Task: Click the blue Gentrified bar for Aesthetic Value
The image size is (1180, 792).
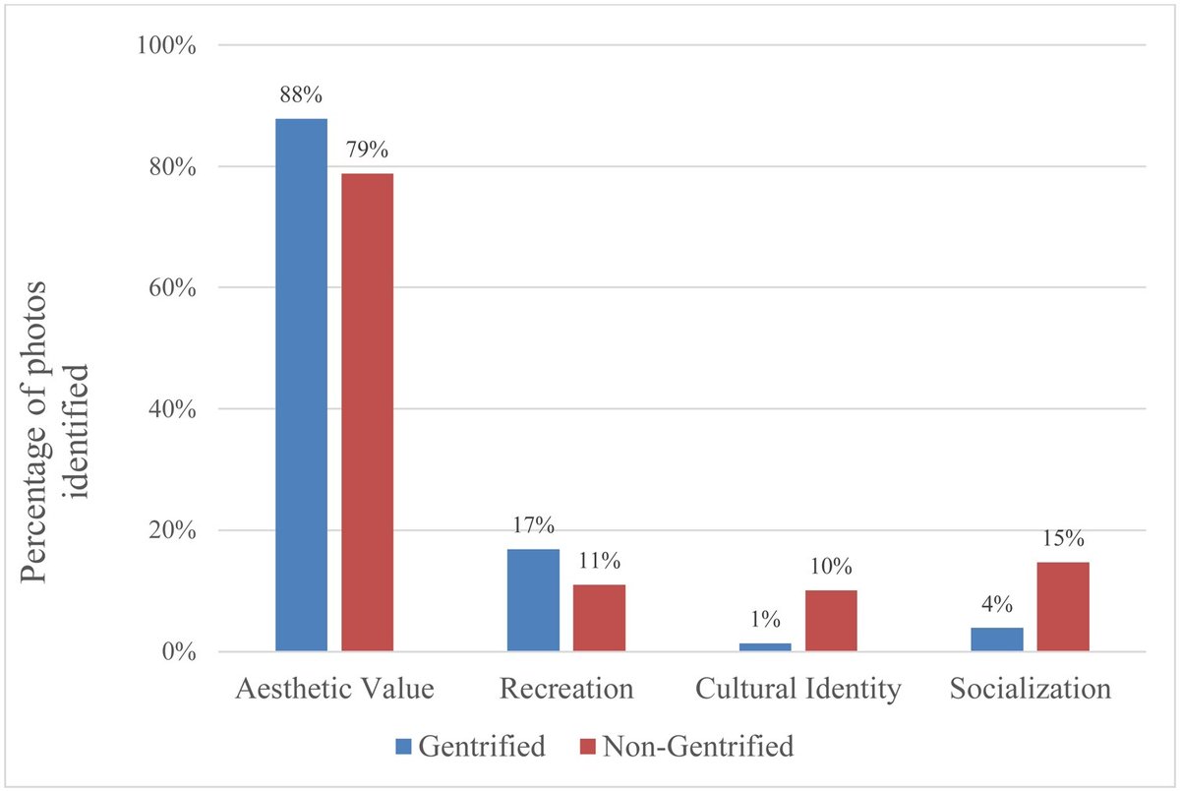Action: click(301, 385)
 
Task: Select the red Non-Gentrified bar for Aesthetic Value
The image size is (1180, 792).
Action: click(367, 412)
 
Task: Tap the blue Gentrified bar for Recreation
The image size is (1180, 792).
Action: click(533, 600)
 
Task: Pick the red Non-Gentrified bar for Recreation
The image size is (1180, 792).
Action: click(599, 618)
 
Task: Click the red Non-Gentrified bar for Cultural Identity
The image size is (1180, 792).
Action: click(831, 621)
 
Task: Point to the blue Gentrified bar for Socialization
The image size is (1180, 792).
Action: click(997, 640)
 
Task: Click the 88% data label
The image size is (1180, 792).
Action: click(301, 96)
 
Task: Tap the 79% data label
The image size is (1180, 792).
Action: click(367, 151)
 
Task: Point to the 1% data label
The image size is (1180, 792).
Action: click(765, 620)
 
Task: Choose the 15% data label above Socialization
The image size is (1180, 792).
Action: click(1063, 539)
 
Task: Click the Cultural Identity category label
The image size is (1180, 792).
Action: click(797, 690)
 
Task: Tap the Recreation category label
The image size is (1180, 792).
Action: click(566, 690)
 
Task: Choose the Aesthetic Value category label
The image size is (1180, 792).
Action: click(334, 690)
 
